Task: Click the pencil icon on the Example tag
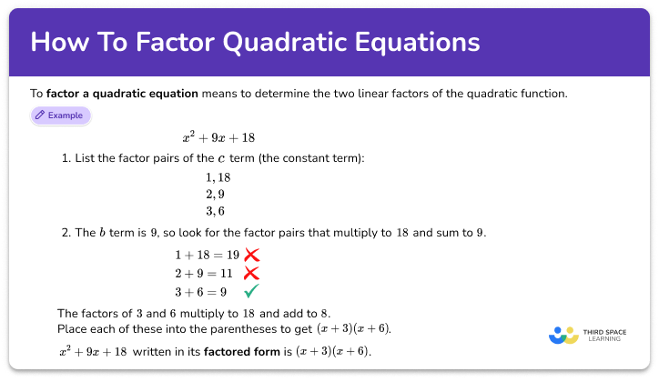pyautogui.click(x=40, y=116)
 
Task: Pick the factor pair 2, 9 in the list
pyautogui.click(x=215, y=195)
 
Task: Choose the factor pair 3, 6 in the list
pyautogui.click(x=215, y=211)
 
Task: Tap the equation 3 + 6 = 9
pyautogui.click(x=201, y=292)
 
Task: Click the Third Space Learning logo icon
pyautogui.click(x=563, y=335)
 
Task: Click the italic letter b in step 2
pyautogui.click(x=100, y=233)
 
